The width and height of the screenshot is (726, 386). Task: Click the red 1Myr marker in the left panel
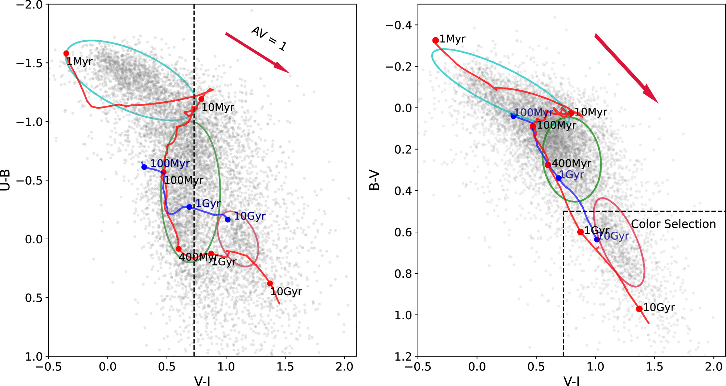(x=66, y=53)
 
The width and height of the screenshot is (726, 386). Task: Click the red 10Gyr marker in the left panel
(x=270, y=283)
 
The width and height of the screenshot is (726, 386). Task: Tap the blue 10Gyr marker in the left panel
(x=227, y=219)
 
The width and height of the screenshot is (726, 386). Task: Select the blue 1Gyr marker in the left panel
(x=189, y=207)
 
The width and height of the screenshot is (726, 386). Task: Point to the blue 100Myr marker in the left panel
(x=144, y=167)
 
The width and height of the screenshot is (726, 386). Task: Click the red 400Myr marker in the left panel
(x=179, y=249)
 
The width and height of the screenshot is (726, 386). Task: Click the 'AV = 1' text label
(x=269, y=38)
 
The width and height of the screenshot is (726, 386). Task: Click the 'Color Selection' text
(x=673, y=224)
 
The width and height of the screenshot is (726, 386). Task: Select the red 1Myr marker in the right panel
(x=435, y=40)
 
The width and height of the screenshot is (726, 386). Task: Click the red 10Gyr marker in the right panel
(x=639, y=309)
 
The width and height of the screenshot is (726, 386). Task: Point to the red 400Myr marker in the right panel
(x=548, y=164)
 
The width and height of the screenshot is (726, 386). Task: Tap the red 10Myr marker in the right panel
(x=571, y=113)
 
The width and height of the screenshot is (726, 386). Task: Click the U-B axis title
(x=5, y=180)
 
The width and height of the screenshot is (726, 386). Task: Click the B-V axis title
(x=374, y=180)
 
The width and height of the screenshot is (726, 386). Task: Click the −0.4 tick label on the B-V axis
(x=399, y=25)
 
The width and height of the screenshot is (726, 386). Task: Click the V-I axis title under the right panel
(x=572, y=381)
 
